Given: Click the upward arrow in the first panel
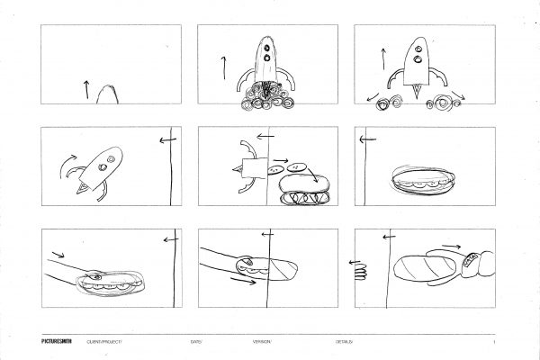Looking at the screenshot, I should tap(86, 88).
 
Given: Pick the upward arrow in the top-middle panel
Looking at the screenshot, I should tap(222, 67).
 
